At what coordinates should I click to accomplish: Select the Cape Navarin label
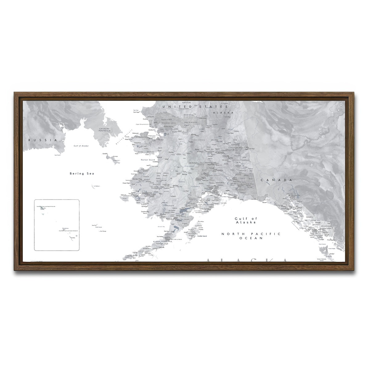click(57, 155)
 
